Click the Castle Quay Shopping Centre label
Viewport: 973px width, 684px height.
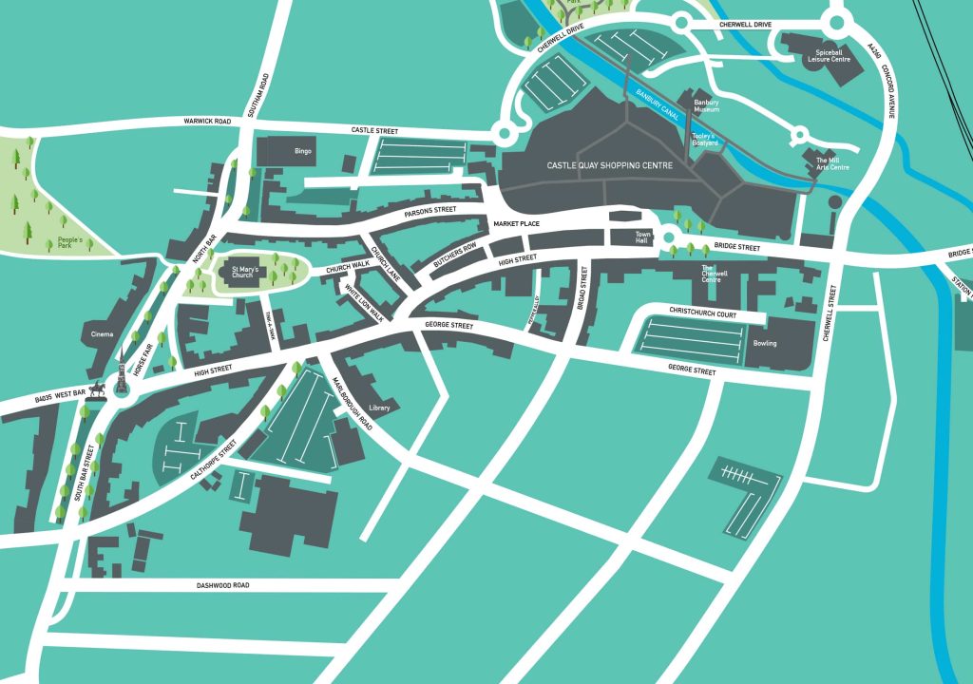point(609,165)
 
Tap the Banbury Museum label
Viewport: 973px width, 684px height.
point(706,105)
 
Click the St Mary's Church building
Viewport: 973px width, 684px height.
point(241,273)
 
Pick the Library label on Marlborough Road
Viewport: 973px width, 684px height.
point(379,408)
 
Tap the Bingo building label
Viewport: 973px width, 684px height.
point(303,151)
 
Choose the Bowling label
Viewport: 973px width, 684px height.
point(765,343)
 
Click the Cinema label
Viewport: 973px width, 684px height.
point(102,334)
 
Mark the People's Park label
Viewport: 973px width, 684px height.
point(69,244)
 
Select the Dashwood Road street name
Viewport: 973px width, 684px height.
point(223,585)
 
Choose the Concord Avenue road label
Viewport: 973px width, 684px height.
point(889,91)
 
